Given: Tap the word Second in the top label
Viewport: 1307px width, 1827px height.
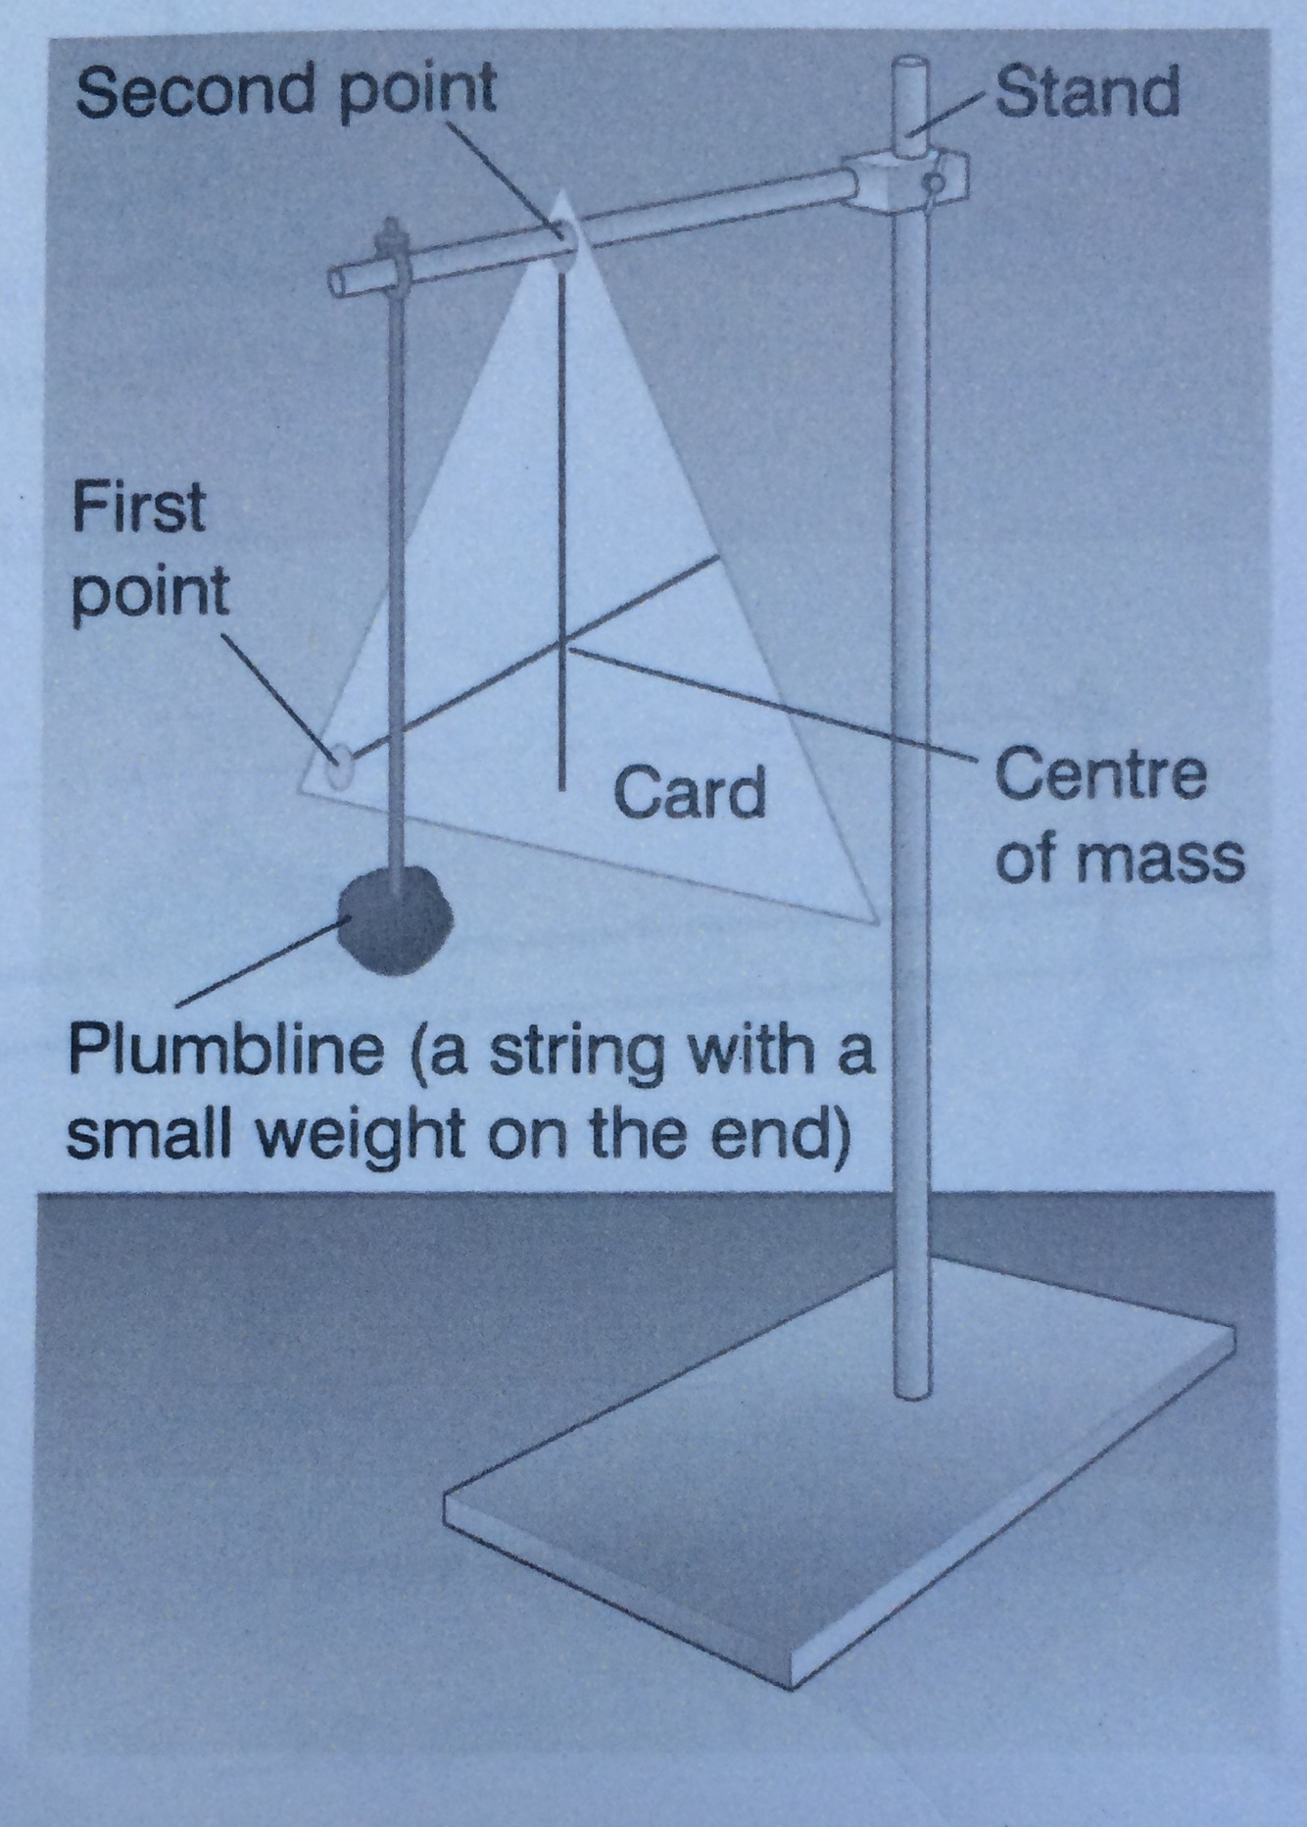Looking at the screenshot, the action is click(197, 91).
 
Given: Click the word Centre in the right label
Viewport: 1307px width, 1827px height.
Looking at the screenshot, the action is click(1100, 774).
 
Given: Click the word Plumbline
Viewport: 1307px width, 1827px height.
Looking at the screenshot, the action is click(225, 1051).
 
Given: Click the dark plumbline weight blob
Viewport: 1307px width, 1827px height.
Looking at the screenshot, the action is click(395, 920).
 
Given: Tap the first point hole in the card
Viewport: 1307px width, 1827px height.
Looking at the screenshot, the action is click(339, 763).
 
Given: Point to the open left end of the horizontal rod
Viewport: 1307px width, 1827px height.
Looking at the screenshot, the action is click(338, 281).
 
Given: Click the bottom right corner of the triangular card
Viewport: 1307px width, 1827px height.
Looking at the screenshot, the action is click(875, 918).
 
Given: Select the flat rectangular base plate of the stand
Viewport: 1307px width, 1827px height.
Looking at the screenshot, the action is click(833, 1470).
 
